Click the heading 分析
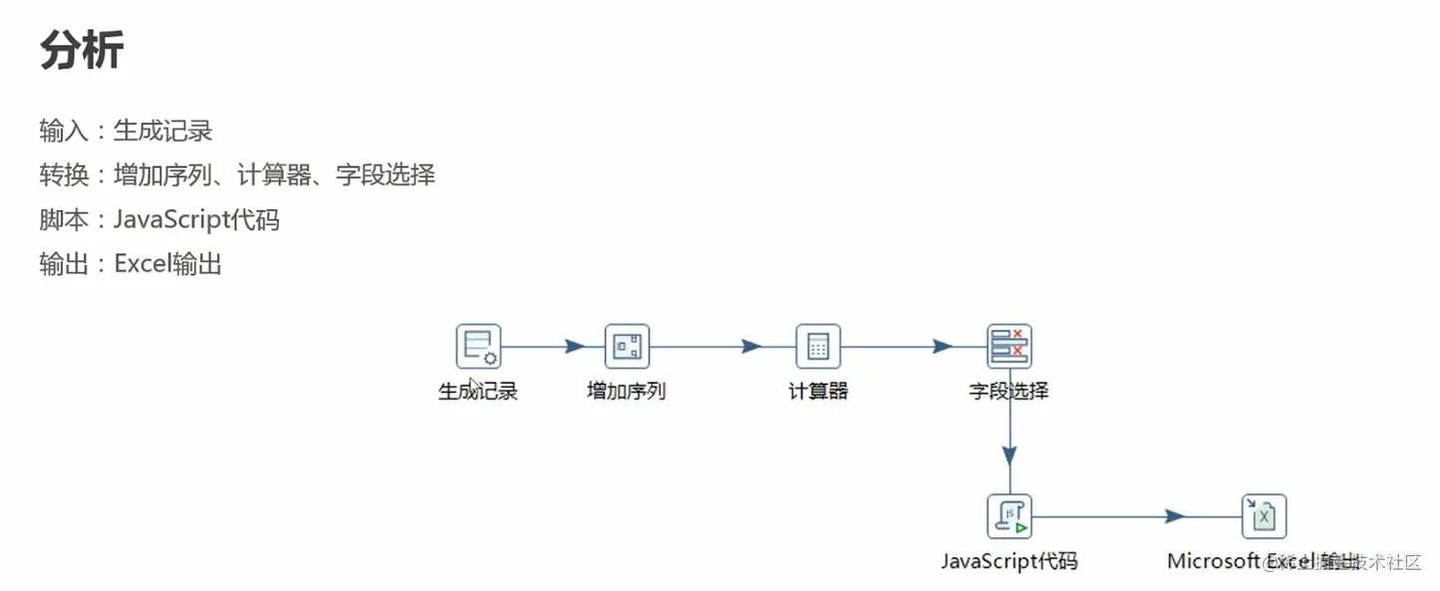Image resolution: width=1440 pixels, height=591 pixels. tap(82, 51)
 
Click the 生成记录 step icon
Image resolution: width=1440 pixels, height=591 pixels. tap(478, 347)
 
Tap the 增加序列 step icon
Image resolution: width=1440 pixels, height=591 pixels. tap(627, 347)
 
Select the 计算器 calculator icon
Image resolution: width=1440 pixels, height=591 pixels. tap(818, 347)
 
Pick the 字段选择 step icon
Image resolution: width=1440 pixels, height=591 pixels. tap(1009, 347)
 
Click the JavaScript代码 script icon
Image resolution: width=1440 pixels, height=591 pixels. tap(1009, 516)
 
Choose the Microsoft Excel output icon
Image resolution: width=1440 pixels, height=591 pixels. tap(1264, 516)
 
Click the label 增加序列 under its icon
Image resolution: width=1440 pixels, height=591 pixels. tap(627, 391)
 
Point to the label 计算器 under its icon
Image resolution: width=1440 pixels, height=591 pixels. tap(818, 391)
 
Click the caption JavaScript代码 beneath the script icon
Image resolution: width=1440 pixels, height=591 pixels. tap(1009, 561)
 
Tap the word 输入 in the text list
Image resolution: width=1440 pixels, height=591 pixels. tap(59, 131)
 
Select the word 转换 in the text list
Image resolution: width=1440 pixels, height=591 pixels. tap(59, 175)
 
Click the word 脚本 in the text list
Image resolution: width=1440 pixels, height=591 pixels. tap(59, 219)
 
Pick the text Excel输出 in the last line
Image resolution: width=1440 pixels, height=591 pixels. tap(167, 264)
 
